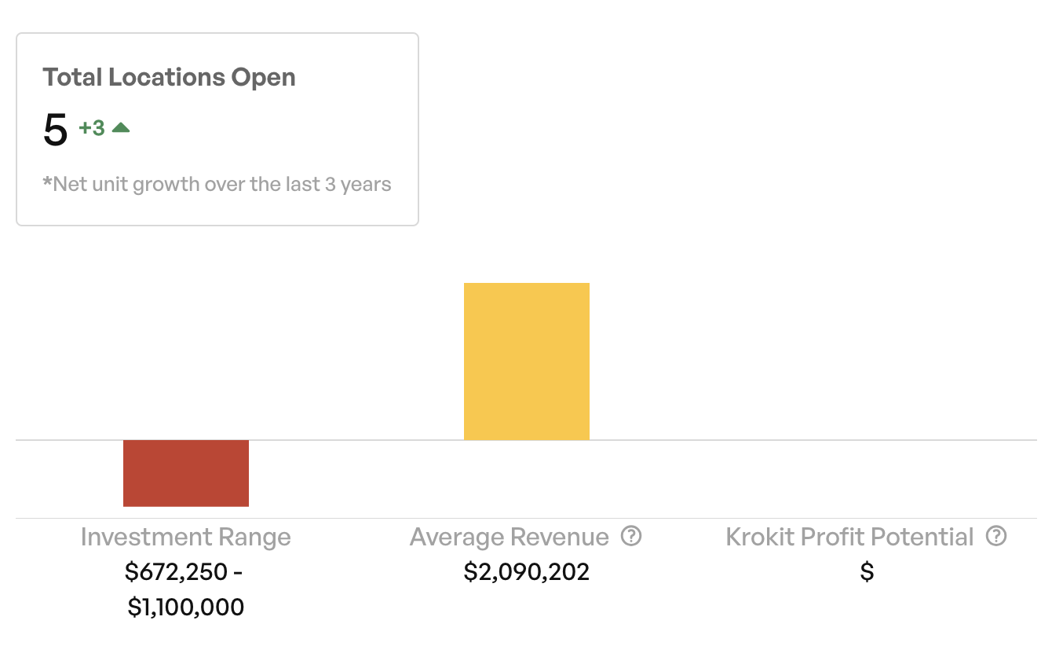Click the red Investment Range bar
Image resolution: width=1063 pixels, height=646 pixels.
[186, 472]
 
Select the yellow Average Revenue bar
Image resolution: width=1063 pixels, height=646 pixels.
[526, 361]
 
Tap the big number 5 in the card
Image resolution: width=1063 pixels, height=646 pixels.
[56, 130]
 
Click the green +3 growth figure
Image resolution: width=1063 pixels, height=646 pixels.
[92, 128]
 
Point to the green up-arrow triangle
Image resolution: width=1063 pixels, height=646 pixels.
[121, 127]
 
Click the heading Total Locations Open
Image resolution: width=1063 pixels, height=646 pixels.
[169, 77]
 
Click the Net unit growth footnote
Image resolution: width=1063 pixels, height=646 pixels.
[217, 185]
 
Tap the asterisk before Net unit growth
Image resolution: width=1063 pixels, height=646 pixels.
[47, 183]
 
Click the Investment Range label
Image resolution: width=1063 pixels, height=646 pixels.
[185, 538]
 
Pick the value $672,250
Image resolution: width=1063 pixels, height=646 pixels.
[176, 572]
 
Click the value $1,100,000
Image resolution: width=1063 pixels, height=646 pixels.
[186, 607]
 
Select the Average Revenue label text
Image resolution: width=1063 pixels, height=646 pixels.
[509, 538]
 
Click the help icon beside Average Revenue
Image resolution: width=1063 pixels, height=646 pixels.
[631, 536]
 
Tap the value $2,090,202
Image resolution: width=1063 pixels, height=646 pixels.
[526, 572]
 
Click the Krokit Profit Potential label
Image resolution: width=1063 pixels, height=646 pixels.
[849, 538]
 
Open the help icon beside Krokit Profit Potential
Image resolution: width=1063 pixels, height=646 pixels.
[996, 536]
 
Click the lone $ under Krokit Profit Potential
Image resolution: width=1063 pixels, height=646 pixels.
[867, 572]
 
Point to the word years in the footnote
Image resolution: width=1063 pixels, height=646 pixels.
[366, 185]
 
